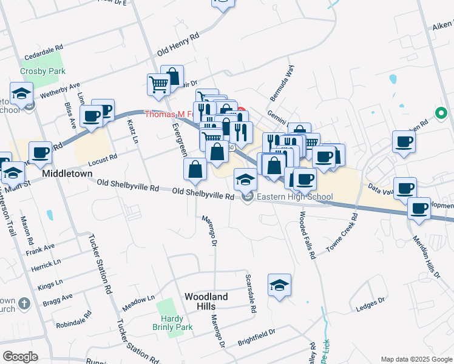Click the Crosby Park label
point(33,70)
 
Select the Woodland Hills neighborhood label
point(206,302)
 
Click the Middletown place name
point(67,174)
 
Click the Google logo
point(19,357)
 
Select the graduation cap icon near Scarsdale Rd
point(279,285)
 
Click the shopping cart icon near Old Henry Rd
point(158,84)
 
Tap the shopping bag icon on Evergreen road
point(195,170)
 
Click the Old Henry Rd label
point(178,45)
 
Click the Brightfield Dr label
point(256,337)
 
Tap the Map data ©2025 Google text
point(416,358)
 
